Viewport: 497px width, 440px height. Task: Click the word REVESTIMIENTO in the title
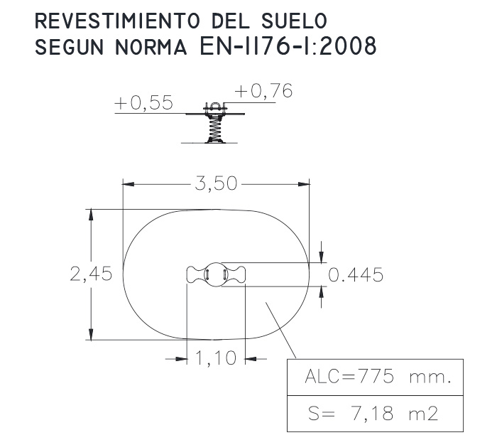117,21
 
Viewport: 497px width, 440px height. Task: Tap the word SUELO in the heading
294,21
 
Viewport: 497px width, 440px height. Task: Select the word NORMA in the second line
151,47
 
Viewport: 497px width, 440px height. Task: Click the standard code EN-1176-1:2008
288,45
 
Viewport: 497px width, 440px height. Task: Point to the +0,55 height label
143,103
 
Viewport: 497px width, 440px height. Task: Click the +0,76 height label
263,91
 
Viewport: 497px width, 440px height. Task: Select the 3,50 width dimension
216,183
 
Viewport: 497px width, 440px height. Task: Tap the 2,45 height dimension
91,274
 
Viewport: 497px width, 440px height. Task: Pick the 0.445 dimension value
356,274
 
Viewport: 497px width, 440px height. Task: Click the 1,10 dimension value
216,358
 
